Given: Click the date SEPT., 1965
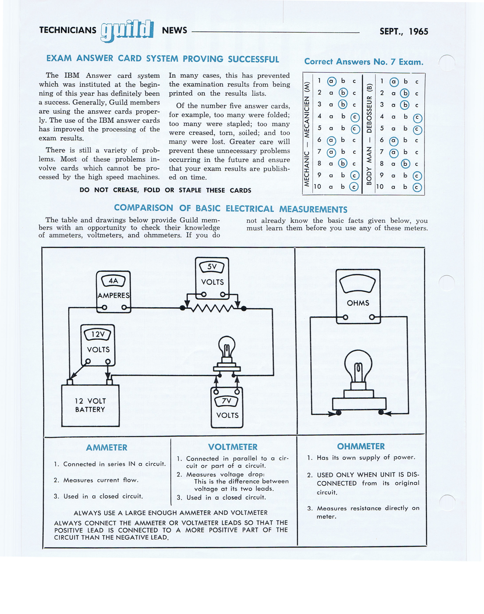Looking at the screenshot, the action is pyautogui.click(x=404, y=31).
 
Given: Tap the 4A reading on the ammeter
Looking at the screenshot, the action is pyautogui.click(x=113, y=281).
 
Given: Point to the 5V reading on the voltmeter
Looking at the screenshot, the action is pyautogui.click(x=212, y=267).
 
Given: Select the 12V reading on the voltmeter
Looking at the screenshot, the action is pyautogui.click(x=98, y=334).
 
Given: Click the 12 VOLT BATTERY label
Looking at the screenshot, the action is pyautogui.click(x=90, y=405).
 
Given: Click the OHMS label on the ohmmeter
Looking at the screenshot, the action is pyautogui.click(x=358, y=303).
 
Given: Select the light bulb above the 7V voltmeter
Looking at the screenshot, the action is pyautogui.click(x=227, y=354).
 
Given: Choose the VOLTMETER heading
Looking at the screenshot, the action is pyautogui.click(x=233, y=447).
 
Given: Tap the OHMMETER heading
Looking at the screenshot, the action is pyautogui.click(x=361, y=446).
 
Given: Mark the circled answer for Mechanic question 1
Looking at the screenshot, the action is pyautogui.click(x=331, y=82).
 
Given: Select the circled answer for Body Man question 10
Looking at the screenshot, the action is pyautogui.click(x=417, y=187).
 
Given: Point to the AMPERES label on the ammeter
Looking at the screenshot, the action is pyautogui.click(x=113, y=295).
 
